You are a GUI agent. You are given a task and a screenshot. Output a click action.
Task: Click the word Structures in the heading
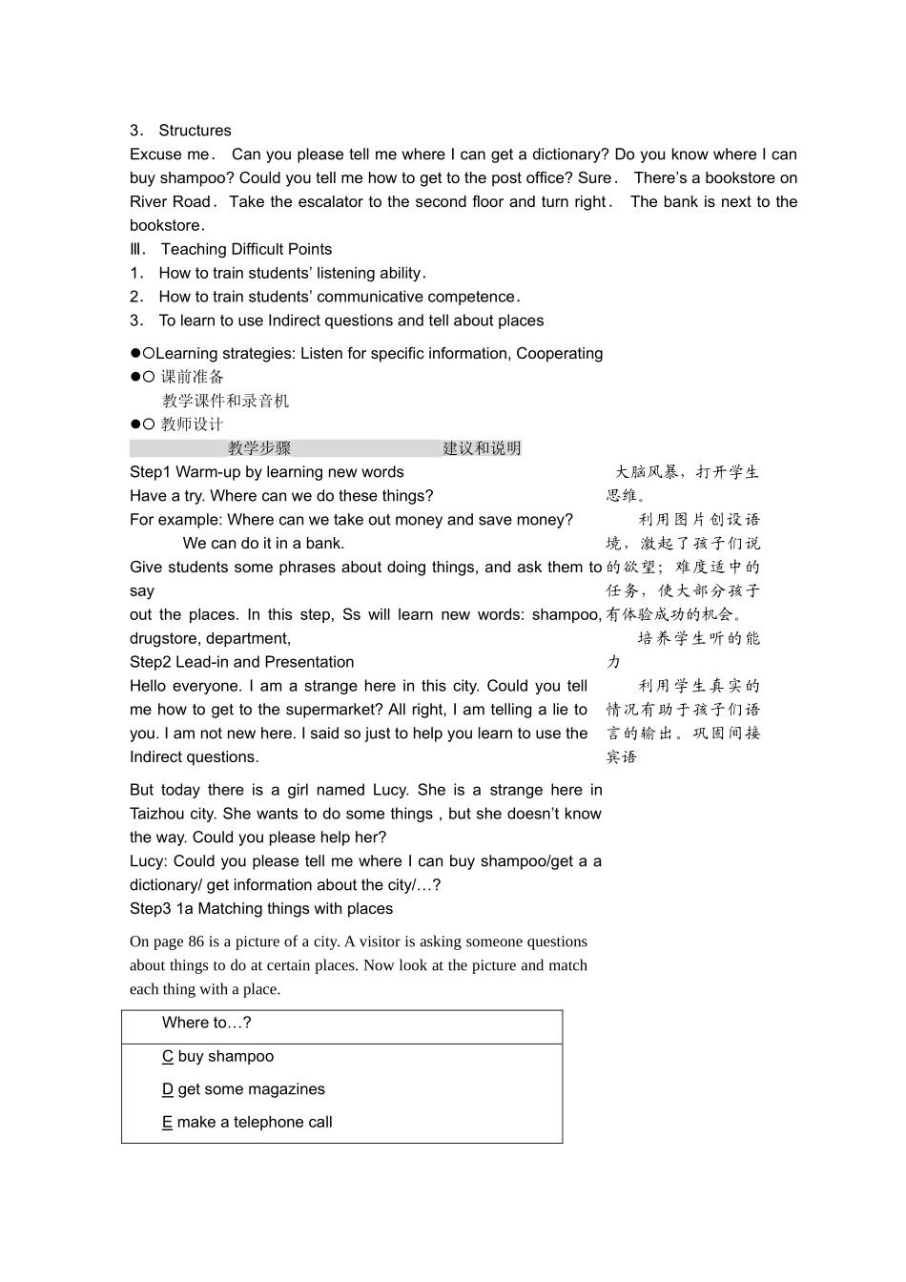195,131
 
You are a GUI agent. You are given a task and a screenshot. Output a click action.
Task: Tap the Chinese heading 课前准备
193,377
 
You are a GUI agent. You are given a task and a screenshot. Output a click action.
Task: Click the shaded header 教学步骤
259,448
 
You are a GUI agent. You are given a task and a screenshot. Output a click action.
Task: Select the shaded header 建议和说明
482,448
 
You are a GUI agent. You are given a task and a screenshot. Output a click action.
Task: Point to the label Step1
151,472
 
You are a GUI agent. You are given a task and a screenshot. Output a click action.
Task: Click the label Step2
151,662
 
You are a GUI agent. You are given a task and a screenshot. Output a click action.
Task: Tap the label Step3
151,909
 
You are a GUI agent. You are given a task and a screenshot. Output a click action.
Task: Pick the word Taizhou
158,814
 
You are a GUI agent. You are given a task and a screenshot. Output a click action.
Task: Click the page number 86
196,941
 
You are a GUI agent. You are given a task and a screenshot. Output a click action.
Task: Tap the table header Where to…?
207,1023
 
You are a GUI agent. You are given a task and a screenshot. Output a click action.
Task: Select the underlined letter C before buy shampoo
167,1057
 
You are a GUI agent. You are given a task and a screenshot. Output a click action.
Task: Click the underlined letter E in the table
167,1123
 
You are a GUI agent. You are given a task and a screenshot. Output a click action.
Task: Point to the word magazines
287,1089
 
